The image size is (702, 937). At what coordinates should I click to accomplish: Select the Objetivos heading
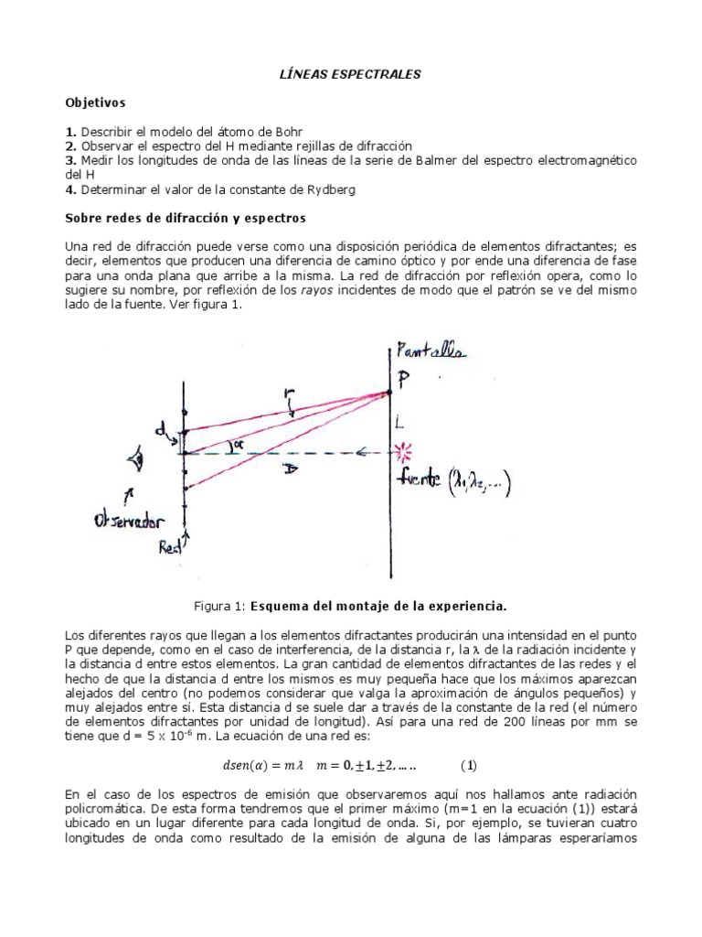pos(95,103)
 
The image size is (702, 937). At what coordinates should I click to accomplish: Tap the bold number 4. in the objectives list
pos(70,189)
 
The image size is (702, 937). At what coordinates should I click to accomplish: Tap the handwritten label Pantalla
pos(429,351)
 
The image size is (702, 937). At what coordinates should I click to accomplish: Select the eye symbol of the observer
pos(138,461)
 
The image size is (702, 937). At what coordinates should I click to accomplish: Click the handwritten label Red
pos(171,547)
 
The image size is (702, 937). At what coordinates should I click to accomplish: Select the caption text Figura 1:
pos(220,606)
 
